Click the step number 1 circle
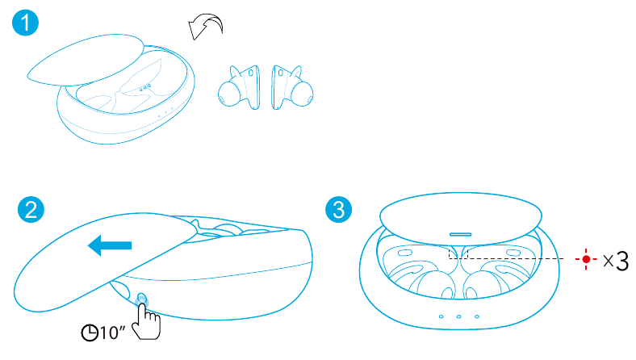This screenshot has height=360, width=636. tap(25, 23)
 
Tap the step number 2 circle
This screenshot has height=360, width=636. tap(31, 209)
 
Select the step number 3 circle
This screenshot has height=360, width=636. tap(339, 209)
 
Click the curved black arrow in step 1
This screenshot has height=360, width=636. tap(205, 27)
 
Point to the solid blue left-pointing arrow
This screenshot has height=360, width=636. tap(110, 245)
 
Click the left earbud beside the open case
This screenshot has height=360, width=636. tap(240, 88)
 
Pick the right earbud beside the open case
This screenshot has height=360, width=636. tap(292, 88)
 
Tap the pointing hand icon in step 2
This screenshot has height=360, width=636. tap(147, 321)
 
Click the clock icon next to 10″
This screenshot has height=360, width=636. tap(90, 333)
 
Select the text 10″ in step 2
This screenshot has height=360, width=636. tap(113, 333)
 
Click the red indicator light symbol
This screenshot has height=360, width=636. tap(586, 259)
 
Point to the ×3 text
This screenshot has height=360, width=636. tap(616, 261)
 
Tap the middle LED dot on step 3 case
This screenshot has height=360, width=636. tap(458, 316)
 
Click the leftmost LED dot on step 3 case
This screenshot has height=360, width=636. tap(441, 316)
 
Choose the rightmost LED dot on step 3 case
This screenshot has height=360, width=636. tap(477, 316)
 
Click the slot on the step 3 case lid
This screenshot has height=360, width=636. tap(461, 234)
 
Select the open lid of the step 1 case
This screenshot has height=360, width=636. tap(86, 60)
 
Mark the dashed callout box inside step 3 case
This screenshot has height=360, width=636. tap(458, 253)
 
